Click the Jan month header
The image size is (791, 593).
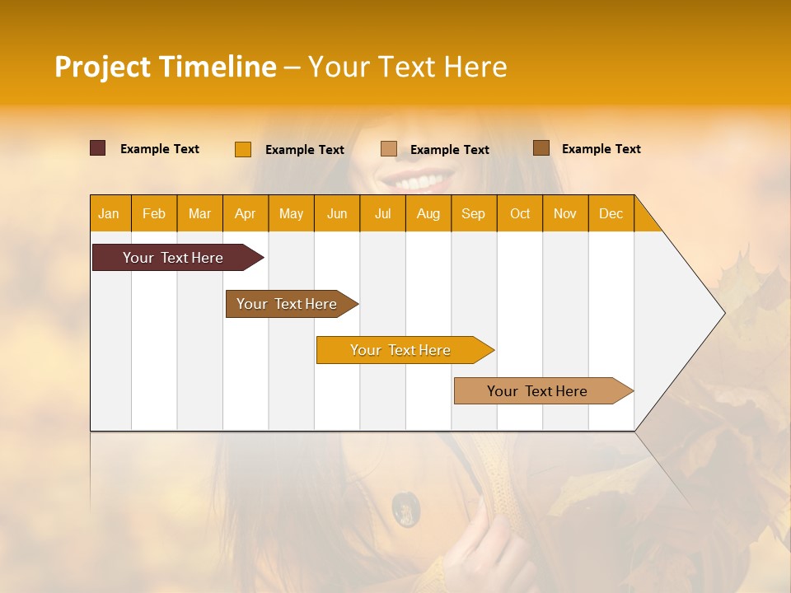[x=109, y=214]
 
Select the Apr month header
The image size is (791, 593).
[x=245, y=214]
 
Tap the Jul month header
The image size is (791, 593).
[x=382, y=214]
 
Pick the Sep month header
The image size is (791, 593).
[x=473, y=214]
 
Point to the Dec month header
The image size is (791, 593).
[x=611, y=214]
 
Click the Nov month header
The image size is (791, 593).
[x=564, y=214]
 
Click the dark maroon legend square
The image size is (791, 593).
[x=98, y=148]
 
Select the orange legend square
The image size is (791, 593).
[x=243, y=149]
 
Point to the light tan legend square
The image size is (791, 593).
[x=389, y=149]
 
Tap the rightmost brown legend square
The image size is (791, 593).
[x=541, y=148]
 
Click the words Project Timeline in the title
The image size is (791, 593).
[x=165, y=67]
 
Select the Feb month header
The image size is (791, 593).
[x=154, y=214]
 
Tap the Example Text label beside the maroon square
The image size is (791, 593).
[x=160, y=149]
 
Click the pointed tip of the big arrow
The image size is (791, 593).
[x=722, y=313]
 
